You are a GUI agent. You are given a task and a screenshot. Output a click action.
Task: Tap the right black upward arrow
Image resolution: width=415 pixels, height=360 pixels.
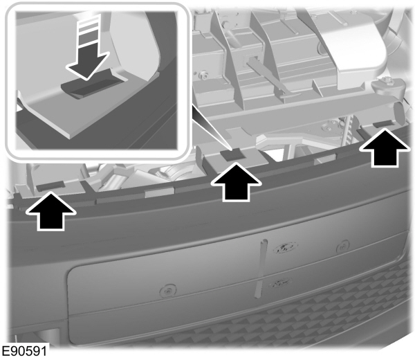384,150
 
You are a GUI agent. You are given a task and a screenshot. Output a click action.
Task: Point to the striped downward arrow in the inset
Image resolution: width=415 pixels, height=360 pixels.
87,48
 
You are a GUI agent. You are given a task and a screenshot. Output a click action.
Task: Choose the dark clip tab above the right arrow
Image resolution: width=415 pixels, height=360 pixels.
382,125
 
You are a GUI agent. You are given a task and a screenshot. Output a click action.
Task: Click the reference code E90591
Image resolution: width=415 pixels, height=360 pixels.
25,352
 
